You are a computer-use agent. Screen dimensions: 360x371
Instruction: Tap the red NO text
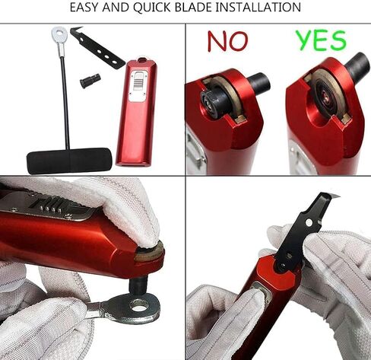pos(227,42)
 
